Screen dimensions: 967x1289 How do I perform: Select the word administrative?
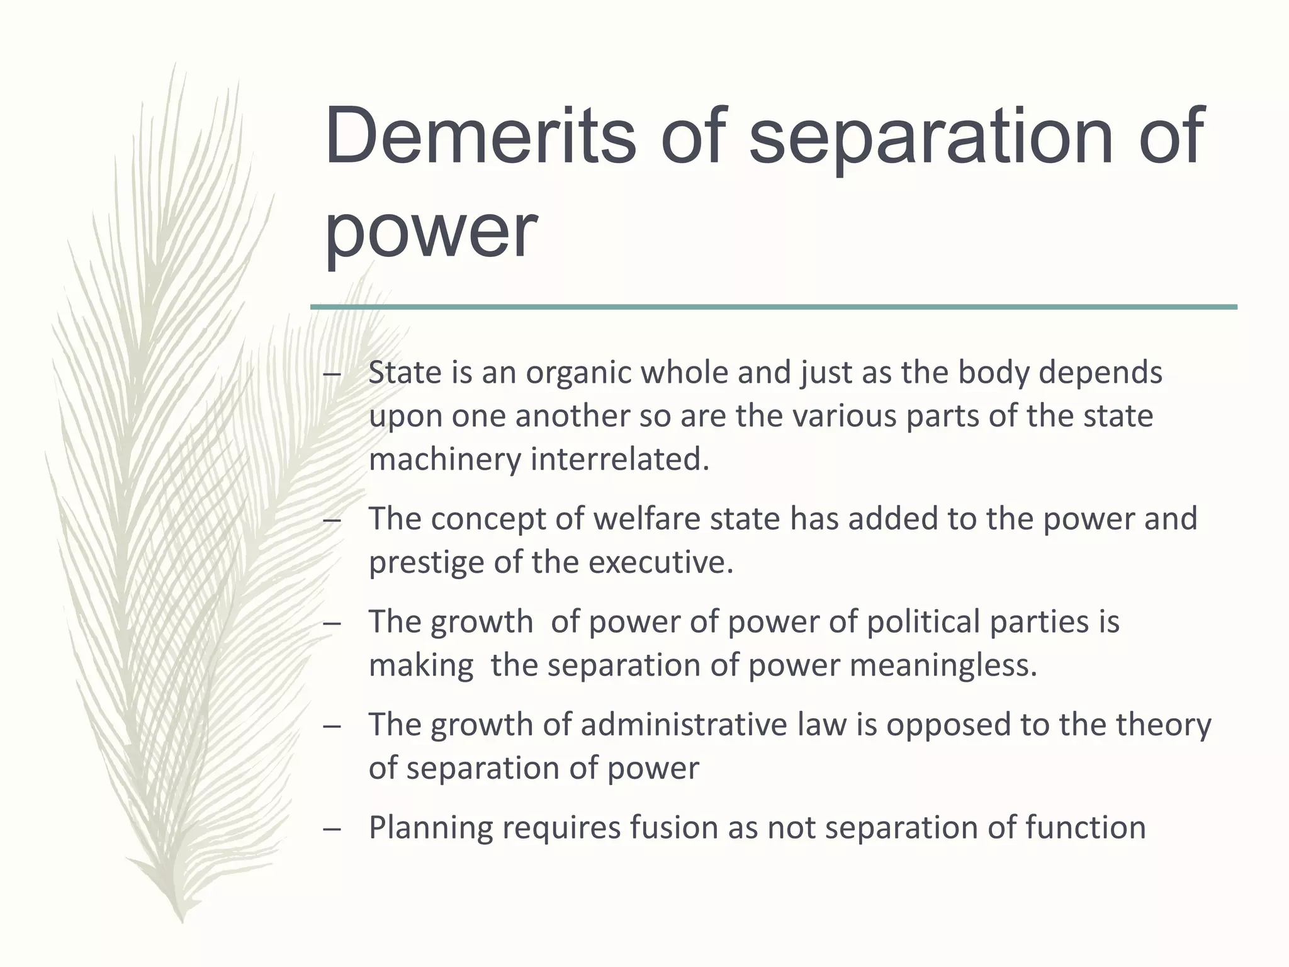click(684, 725)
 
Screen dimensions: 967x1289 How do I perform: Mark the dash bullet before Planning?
click(332, 829)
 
